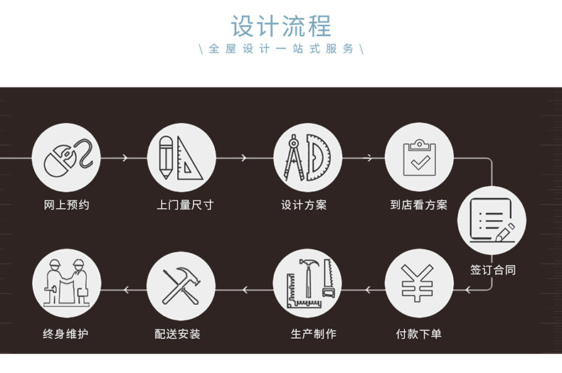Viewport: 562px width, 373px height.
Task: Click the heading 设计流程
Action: point(281,26)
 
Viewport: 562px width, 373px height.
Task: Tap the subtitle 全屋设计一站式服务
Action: point(281,50)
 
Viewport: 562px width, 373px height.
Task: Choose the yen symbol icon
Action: point(419,283)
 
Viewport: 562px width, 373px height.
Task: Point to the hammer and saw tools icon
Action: point(307,283)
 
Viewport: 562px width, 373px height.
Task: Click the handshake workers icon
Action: point(67,283)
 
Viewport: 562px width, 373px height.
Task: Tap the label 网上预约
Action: point(67,205)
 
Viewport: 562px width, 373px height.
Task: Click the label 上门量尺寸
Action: point(185,205)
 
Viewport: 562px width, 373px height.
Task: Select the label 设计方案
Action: point(304,205)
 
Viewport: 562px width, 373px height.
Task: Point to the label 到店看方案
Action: point(419,205)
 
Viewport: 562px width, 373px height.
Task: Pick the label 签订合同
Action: point(492,270)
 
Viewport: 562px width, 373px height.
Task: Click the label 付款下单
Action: point(419,333)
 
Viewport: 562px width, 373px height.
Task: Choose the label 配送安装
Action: point(177,333)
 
